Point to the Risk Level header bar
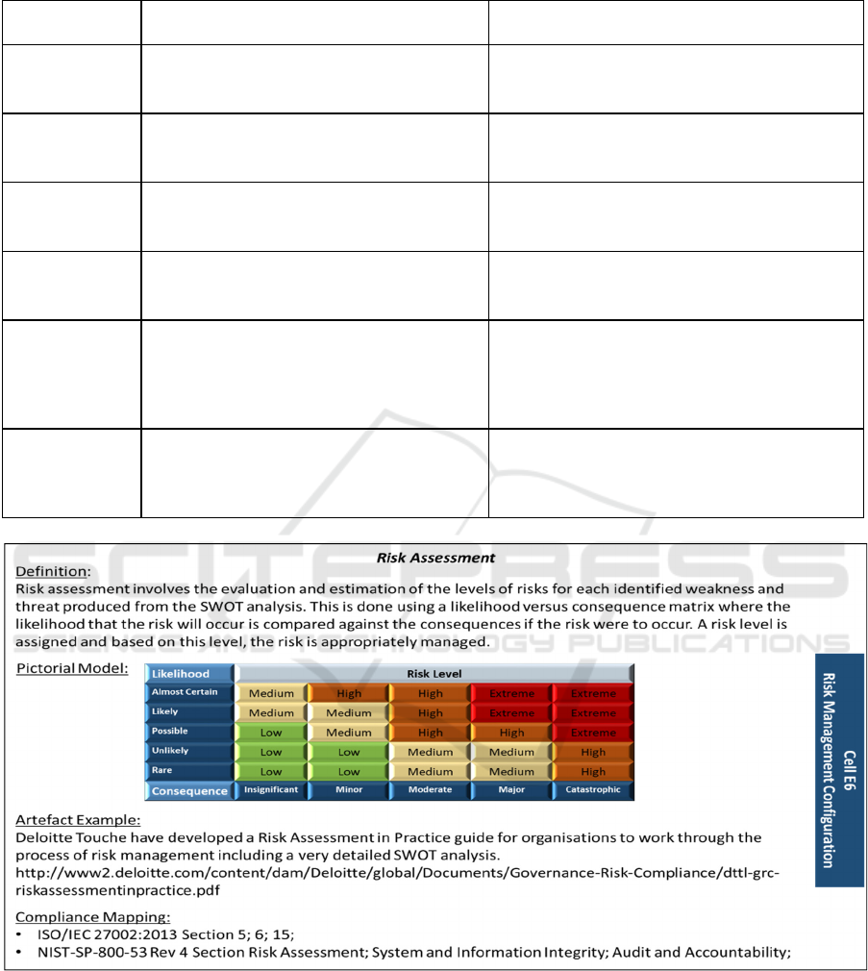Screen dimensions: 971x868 (x=434, y=673)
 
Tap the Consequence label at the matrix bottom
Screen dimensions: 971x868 (x=189, y=791)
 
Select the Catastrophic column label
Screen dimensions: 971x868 (x=592, y=790)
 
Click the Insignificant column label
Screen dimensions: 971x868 (x=271, y=790)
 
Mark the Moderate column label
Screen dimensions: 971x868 (x=430, y=790)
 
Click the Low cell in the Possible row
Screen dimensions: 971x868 (x=271, y=733)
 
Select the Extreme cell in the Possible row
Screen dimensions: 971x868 (x=592, y=733)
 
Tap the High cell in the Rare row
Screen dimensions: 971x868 (x=592, y=771)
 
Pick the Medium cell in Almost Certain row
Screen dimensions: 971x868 (x=271, y=693)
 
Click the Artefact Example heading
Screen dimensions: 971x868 (x=78, y=820)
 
